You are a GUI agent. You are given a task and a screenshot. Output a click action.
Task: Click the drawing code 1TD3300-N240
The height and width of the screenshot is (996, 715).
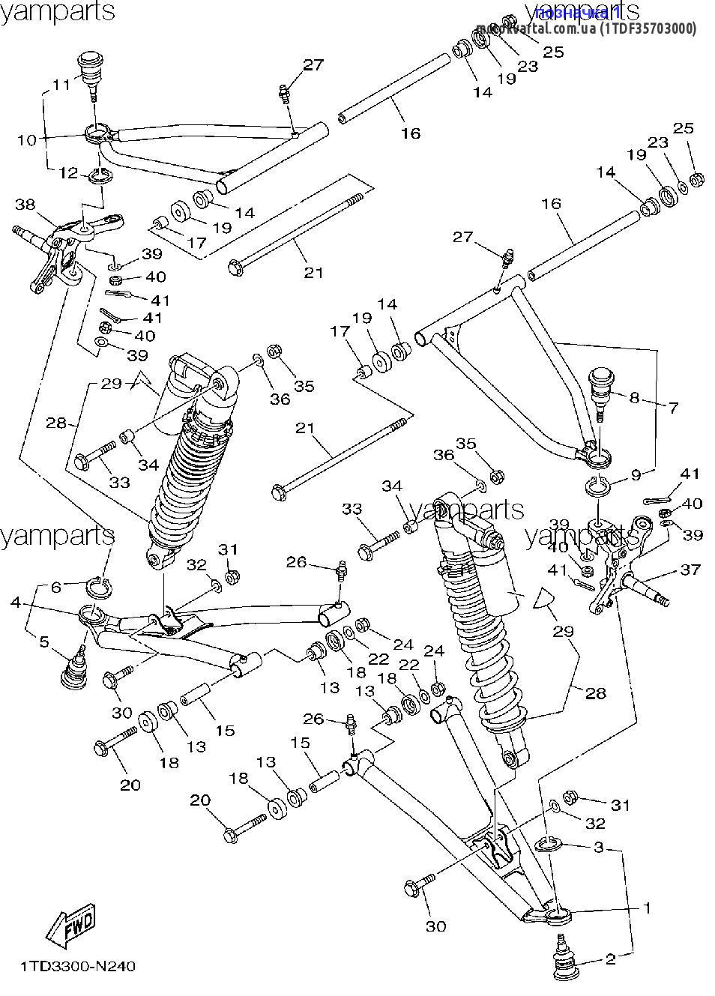click(77, 967)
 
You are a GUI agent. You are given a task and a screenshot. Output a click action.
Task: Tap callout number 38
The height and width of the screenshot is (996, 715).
click(25, 204)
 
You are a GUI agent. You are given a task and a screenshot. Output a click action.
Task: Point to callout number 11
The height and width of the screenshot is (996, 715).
click(61, 85)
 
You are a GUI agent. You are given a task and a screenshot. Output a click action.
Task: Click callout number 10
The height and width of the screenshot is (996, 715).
click(26, 139)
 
